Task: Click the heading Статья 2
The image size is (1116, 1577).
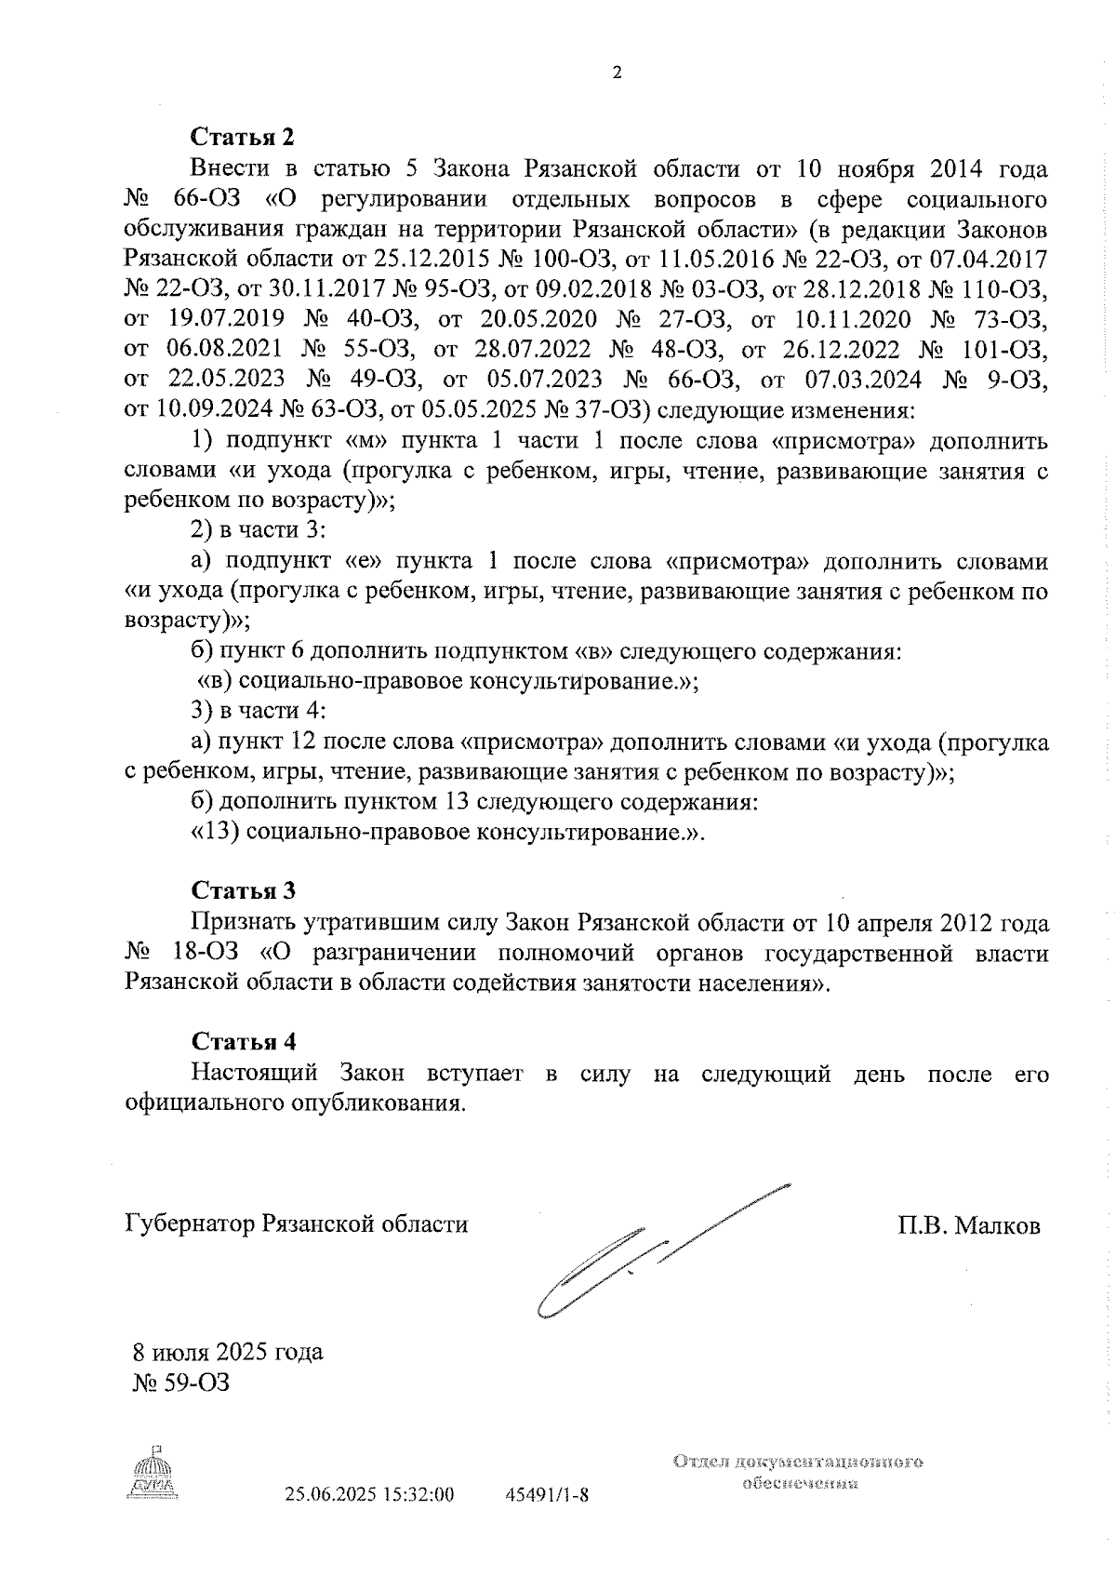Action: (x=242, y=137)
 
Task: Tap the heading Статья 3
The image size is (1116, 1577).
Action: (x=243, y=890)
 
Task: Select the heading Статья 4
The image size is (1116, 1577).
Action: (x=243, y=1041)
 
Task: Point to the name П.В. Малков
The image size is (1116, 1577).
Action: (x=969, y=1225)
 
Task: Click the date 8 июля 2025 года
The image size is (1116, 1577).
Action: (x=227, y=1352)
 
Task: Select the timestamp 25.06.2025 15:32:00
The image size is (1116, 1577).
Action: (x=369, y=1496)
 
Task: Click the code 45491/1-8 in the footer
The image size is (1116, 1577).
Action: (x=547, y=1496)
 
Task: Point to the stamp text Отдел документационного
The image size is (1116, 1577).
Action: (x=798, y=1462)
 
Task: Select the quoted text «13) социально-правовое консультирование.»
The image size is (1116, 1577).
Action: (x=447, y=831)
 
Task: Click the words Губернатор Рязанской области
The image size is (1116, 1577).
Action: (x=296, y=1223)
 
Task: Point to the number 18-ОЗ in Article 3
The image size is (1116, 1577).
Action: (x=206, y=954)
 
